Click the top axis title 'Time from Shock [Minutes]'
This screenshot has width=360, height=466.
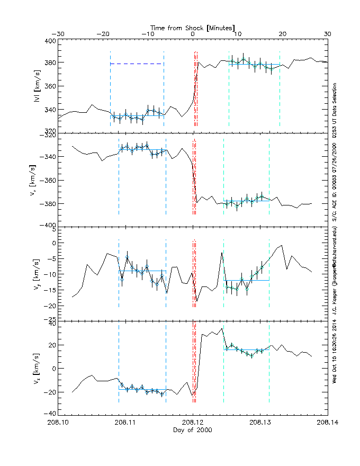(x=193, y=27)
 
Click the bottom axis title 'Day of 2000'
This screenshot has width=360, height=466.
(x=193, y=431)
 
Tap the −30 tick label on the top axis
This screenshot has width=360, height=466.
(x=58, y=34)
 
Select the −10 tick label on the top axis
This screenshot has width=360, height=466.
(x=148, y=34)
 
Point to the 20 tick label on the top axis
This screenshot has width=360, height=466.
(x=283, y=34)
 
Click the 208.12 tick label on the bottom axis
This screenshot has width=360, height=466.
(x=193, y=423)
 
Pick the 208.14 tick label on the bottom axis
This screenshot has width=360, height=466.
(x=327, y=423)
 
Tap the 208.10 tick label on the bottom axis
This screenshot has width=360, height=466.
(x=58, y=423)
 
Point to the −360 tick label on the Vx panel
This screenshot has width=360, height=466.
(x=48, y=181)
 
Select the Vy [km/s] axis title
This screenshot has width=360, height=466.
(x=35, y=273)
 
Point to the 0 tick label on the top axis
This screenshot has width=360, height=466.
(x=193, y=34)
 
